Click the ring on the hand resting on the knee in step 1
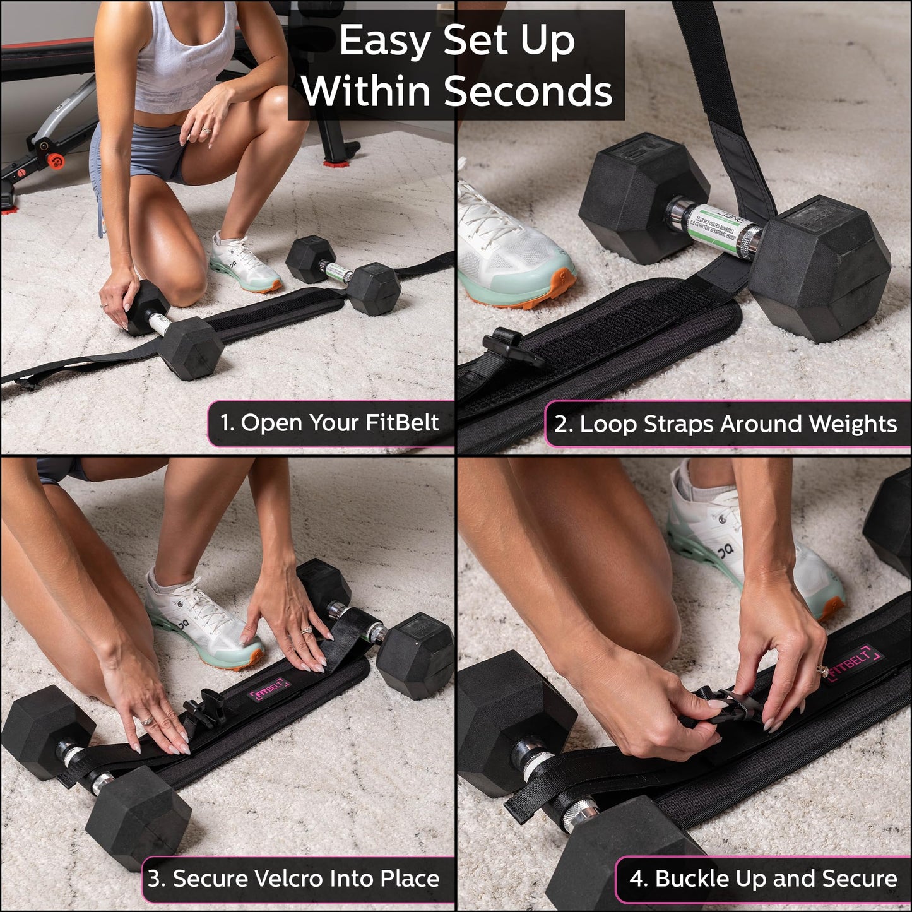coord(206,130)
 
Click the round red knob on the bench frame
coord(56,161)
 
